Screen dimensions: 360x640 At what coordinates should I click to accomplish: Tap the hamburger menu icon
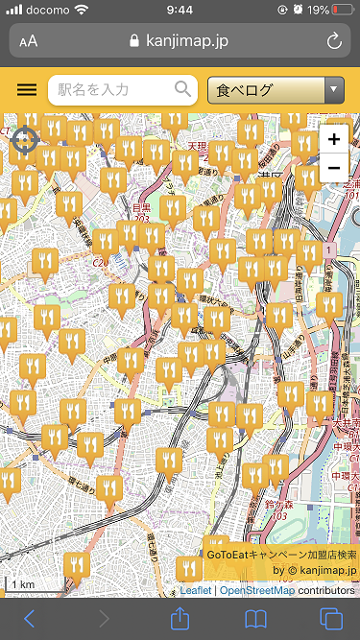[x=27, y=90]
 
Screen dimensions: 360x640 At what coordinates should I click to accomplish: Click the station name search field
[x=110, y=90]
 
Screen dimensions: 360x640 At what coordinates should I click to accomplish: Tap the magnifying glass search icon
[x=183, y=90]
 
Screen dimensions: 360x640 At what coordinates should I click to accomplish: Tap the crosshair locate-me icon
[x=25, y=141]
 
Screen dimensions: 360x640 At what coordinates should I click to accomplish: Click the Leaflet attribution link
[x=195, y=590]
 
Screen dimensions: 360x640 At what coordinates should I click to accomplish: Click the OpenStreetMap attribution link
[x=256, y=590]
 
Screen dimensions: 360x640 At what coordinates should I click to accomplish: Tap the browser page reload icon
[x=334, y=41]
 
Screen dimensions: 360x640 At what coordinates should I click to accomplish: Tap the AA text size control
[x=29, y=41]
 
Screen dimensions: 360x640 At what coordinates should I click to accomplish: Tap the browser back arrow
[x=29, y=618]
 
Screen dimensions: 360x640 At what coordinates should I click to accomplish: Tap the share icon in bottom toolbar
[x=180, y=617]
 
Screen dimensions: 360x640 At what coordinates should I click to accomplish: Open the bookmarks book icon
[x=255, y=618]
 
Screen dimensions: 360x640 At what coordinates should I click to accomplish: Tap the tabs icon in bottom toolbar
[x=330, y=618]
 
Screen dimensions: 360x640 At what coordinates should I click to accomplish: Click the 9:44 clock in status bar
[x=180, y=10]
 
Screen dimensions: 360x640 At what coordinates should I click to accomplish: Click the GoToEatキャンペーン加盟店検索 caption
[x=281, y=555]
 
